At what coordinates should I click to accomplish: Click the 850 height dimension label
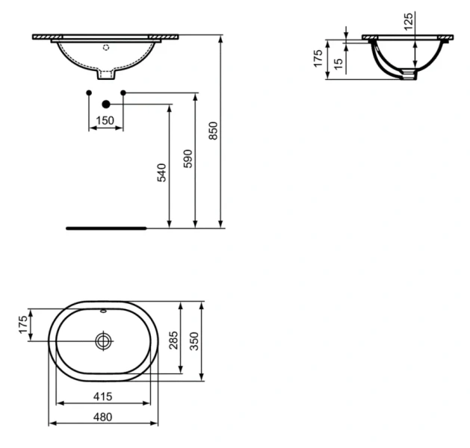pyautogui.click(x=214, y=131)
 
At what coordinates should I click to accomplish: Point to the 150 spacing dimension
pyautogui.click(x=106, y=120)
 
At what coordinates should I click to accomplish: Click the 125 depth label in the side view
pyautogui.click(x=408, y=21)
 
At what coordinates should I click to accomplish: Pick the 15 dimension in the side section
pyautogui.click(x=338, y=63)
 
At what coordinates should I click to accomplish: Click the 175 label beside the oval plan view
pyautogui.click(x=23, y=323)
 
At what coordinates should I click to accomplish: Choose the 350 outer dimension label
pyautogui.click(x=195, y=340)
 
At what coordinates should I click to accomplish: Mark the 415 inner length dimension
pyautogui.click(x=104, y=393)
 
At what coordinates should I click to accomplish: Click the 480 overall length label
pyautogui.click(x=104, y=417)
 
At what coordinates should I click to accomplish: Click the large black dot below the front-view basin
pyautogui.click(x=105, y=104)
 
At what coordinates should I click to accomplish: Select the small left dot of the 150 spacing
pyautogui.click(x=89, y=92)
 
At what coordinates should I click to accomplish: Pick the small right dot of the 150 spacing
pyautogui.click(x=123, y=92)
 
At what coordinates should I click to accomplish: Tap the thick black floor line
pyautogui.click(x=106, y=227)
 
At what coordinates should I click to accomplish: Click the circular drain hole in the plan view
pyautogui.click(x=104, y=340)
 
